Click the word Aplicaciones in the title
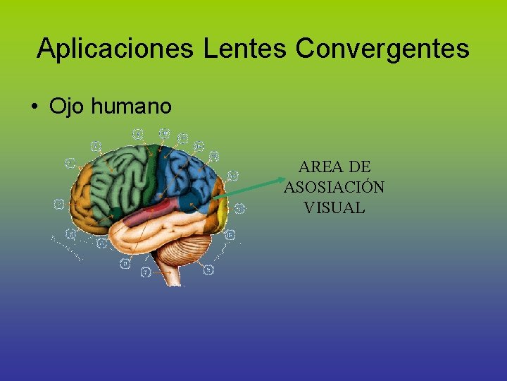click(x=117, y=49)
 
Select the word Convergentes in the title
click(x=382, y=49)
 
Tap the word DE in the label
click(x=360, y=167)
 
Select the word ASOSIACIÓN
click(x=334, y=188)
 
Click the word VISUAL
click(x=334, y=207)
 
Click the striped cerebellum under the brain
click(x=187, y=250)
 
